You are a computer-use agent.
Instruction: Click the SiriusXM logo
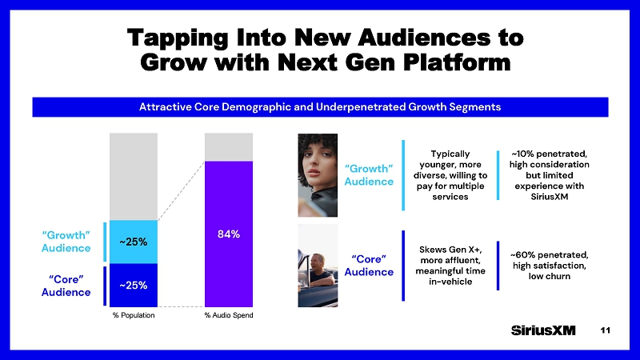coord(543,331)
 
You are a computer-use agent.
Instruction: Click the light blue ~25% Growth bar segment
coord(133,242)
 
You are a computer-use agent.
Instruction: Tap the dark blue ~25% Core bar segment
coord(133,285)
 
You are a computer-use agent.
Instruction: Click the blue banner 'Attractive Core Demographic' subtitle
coord(320,106)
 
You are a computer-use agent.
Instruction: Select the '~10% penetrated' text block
coord(549,175)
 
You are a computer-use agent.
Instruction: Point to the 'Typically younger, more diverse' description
coord(450,174)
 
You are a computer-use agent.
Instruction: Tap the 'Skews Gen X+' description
coord(450,265)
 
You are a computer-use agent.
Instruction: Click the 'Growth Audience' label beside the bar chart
coord(66,241)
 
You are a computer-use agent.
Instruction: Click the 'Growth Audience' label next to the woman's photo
coord(368,174)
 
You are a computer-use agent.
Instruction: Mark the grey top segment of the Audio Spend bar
coord(229,146)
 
